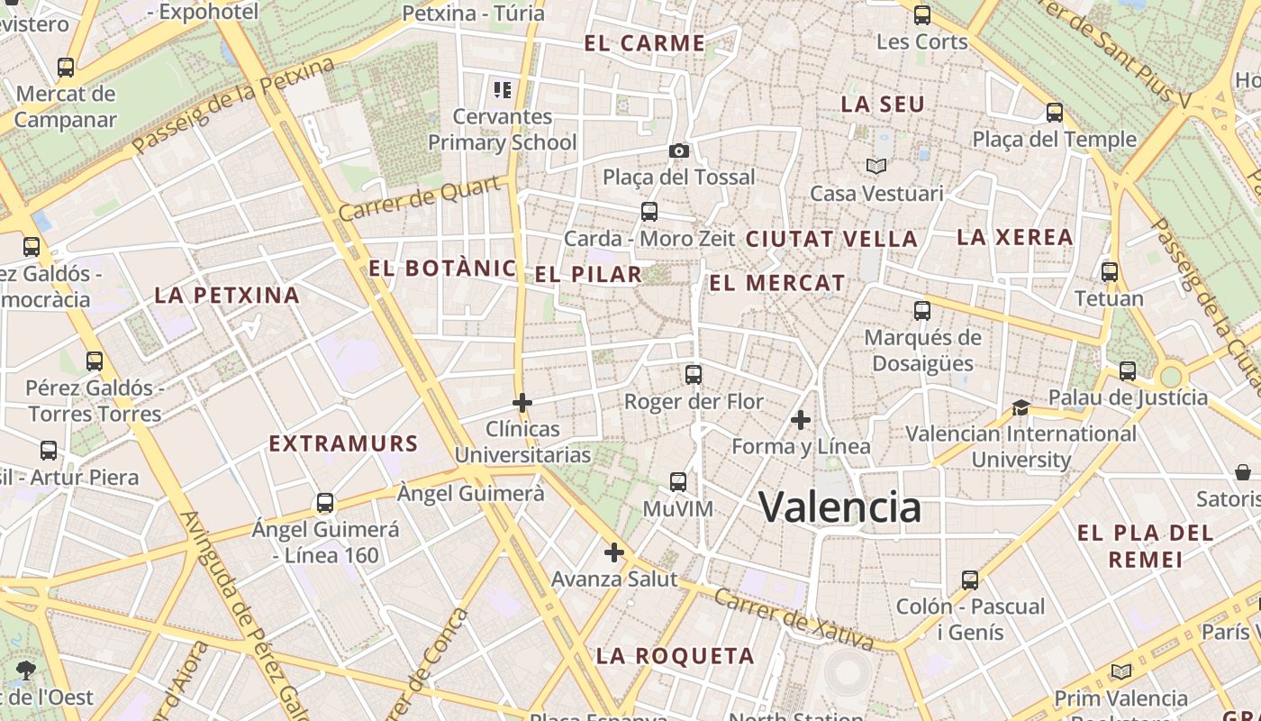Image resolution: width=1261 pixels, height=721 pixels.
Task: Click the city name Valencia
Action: (839, 507)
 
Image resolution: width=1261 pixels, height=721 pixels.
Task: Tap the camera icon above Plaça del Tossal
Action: (679, 151)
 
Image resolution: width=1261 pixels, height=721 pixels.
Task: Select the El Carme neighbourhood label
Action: (644, 43)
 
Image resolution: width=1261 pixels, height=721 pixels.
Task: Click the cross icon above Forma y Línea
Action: (800, 419)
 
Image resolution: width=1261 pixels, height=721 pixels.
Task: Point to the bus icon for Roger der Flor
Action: (693, 375)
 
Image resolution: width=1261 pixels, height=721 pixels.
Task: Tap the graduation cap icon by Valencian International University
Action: (1021, 407)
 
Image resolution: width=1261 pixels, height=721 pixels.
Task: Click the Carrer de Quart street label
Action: (421, 199)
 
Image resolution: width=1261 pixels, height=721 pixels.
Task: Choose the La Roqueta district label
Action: (676, 656)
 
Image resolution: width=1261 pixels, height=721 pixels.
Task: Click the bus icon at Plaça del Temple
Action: (1055, 113)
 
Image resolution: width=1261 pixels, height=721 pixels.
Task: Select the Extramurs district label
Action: (344, 443)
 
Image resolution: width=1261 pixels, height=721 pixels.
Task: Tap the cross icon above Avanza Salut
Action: (614, 552)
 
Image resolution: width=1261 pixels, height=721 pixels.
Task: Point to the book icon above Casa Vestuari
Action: (876, 166)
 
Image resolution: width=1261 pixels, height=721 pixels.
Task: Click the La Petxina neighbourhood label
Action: (227, 295)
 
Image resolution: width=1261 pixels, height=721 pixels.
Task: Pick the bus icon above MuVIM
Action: (678, 482)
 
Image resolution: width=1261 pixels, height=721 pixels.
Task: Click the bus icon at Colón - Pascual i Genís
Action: (970, 580)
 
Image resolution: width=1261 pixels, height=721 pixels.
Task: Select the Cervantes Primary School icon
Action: (503, 89)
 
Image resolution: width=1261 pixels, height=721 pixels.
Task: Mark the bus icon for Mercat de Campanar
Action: (65, 67)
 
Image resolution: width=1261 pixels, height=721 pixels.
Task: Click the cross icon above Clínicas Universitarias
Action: (522, 402)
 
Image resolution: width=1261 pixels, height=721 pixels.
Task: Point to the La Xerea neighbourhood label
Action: (1015, 237)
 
